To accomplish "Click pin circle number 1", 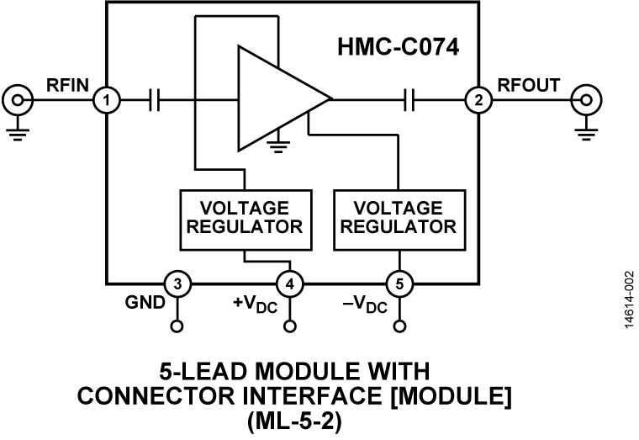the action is point(107,100).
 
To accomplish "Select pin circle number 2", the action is point(479,100).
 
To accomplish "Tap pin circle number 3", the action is point(177,284).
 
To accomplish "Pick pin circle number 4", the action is point(290,284).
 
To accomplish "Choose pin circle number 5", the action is point(399,284).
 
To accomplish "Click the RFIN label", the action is point(67,85).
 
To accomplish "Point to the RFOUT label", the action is point(529,85).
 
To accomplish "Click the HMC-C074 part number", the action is point(399,47).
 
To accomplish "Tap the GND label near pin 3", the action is point(145,303).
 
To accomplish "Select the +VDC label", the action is point(255,305).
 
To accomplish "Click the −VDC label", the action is point(365,305).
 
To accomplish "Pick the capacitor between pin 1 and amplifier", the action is point(155,100).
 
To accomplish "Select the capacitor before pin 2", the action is point(409,100).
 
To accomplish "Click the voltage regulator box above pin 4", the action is point(246,220).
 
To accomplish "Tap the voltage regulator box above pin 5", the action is point(399,220).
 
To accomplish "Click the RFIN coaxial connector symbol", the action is point(17,100).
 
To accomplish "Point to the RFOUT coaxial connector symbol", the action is point(586,100).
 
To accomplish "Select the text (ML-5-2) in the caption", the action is point(293,422).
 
